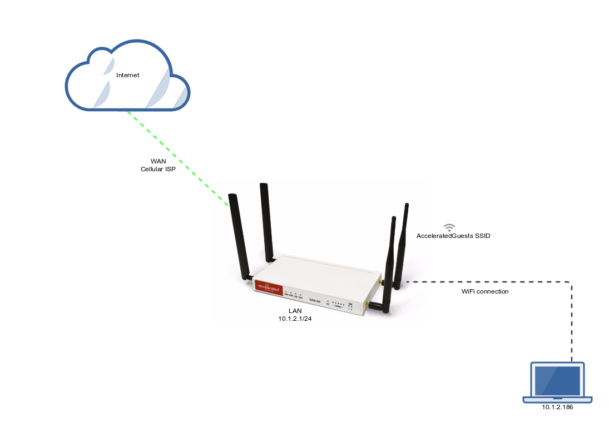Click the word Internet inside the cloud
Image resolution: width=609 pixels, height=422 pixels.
(127, 75)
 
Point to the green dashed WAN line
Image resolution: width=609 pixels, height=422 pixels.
(178, 158)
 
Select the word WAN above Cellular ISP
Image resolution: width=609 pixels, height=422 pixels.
(158, 161)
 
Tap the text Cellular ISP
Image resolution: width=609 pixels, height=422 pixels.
(158, 169)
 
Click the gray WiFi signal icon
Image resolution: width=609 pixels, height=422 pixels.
(449, 227)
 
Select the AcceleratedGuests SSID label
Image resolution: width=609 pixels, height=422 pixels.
(453, 236)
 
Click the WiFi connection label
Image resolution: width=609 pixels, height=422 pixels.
(484, 291)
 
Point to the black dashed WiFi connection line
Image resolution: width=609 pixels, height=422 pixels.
(572, 322)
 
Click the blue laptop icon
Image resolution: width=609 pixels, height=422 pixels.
(557, 383)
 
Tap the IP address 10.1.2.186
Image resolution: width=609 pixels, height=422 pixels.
(557, 408)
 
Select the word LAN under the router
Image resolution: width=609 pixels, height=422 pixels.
(295, 311)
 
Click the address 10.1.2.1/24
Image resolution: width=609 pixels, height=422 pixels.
(295, 319)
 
